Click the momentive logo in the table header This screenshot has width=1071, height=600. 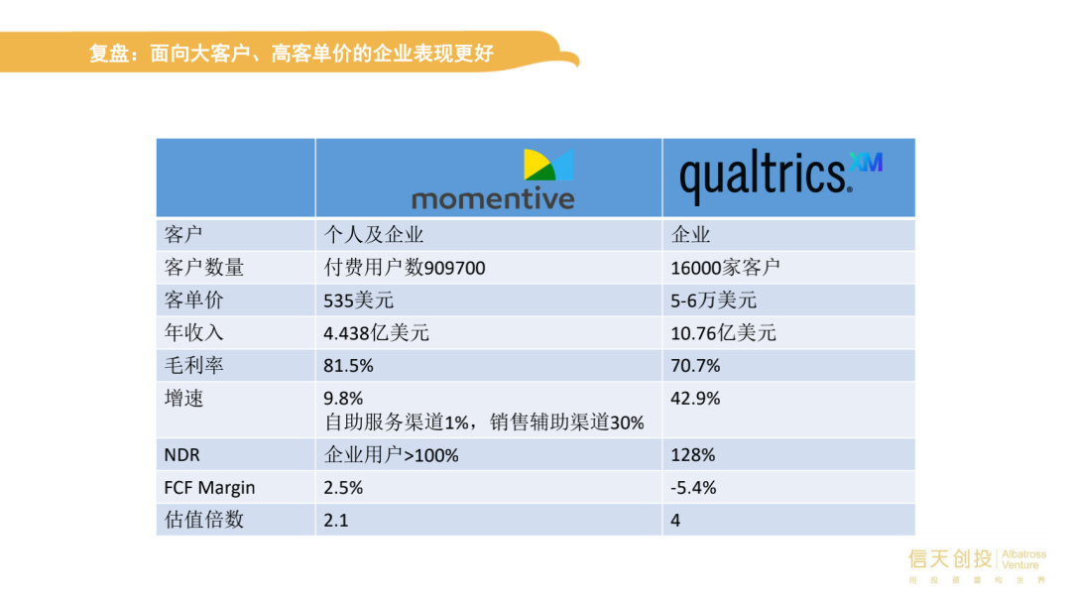coord(493,180)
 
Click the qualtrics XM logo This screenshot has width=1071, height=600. coord(780,176)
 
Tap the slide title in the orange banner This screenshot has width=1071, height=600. coord(291,54)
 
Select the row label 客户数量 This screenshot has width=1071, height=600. coord(204,267)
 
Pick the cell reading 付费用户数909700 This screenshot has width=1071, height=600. coord(405,267)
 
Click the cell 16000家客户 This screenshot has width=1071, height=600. coord(725,267)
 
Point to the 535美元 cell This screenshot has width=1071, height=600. coord(359,300)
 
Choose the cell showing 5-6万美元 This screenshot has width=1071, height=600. coord(713,300)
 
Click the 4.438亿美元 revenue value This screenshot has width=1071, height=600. coord(377,333)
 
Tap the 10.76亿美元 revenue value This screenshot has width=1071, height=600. coord(723,333)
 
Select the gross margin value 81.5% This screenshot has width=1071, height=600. coord(348,366)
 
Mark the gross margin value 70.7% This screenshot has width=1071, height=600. coord(695,366)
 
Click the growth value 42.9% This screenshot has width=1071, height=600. coord(695,399)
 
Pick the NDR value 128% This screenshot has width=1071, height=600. coord(692,455)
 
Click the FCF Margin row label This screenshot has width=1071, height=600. coord(209,488)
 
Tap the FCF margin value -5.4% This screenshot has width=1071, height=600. coord(693,488)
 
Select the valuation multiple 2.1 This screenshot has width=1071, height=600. coord(336,521)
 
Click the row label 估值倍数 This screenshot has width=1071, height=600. coord(204,520)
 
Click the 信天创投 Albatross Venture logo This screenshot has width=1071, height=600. coord(977,565)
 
